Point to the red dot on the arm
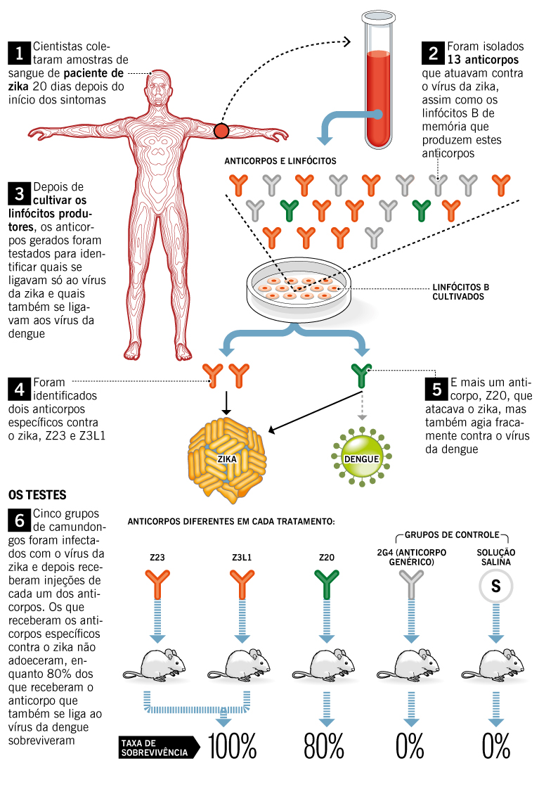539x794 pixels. pos(221,130)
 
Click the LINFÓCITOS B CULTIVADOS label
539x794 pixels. pos(460,292)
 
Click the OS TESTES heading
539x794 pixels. pos(37,496)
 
